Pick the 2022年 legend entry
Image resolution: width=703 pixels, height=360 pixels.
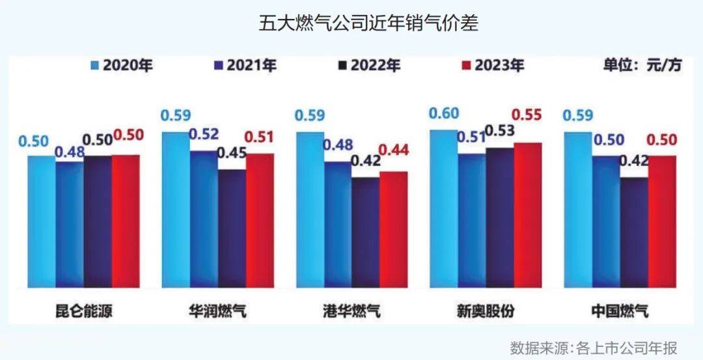[x=370, y=65]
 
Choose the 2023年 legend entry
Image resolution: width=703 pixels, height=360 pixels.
[x=493, y=65]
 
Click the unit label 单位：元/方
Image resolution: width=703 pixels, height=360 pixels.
[x=643, y=65]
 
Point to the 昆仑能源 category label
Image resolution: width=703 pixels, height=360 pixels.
[x=83, y=311]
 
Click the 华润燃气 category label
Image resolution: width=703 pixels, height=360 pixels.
[x=217, y=311]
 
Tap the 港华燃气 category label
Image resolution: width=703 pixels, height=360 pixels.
[x=351, y=311]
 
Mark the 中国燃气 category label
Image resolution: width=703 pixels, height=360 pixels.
[x=620, y=311]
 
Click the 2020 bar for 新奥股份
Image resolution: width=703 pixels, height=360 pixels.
[x=443, y=208]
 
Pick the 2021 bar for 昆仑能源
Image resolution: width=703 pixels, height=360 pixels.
[x=69, y=225]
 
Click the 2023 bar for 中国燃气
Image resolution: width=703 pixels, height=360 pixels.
[x=662, y=221]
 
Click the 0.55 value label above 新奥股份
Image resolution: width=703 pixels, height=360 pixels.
[x=527, y=115]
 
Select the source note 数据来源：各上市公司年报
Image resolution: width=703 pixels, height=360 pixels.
[x=594, y=346]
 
